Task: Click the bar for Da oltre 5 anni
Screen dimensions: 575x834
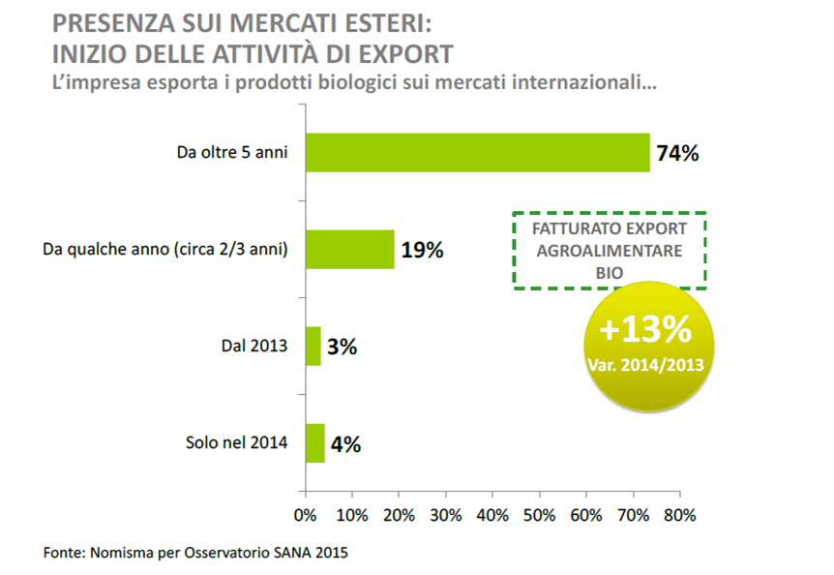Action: tap(478, 152)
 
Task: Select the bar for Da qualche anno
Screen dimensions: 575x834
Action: tap(350, 249)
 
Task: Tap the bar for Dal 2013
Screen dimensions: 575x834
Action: tap(313, 346)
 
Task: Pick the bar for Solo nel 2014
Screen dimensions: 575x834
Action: tap(315, 443)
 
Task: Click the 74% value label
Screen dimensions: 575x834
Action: tap(677, 153)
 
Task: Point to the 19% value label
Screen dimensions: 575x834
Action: tap(422, 250)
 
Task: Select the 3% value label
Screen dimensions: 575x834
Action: tap(342, 347)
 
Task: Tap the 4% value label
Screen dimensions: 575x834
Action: tap(345, 444)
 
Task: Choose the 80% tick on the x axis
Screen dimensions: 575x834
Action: tap(679, 515)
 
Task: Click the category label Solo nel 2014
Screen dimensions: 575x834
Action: tap(236, 443)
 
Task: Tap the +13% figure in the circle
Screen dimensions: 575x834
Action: tap(645, 329)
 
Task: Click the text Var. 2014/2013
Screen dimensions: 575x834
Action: tap(645, 365)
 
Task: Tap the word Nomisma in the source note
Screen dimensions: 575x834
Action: tap(121, 555)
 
